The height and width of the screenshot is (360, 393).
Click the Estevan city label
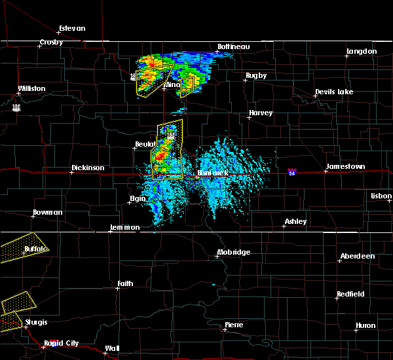[72, 28]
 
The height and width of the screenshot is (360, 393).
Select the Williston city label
[31, 88]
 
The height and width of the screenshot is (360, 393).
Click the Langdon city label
[361, 51]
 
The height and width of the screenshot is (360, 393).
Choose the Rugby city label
[256, 76]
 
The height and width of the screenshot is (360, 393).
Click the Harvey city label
[260, 113]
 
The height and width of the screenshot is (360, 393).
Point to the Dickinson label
[88, 168]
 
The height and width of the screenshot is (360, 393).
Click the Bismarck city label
[212, 173]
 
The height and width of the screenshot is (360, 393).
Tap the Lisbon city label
[381, 196]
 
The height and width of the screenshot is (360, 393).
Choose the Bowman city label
[48, 213]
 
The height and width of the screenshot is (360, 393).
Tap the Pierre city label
[234, 325]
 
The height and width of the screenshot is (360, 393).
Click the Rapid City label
[62, 343]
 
